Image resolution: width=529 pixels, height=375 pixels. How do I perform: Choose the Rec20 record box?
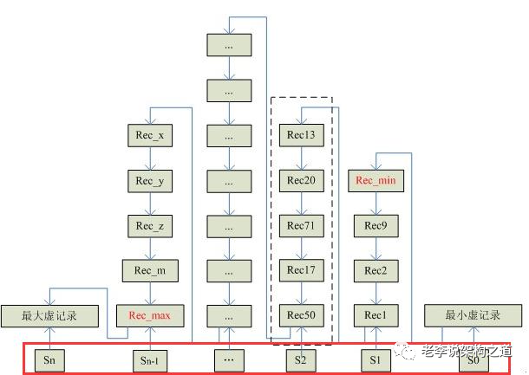pos(300,181)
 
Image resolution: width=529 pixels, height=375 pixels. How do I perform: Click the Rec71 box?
pos(300,226)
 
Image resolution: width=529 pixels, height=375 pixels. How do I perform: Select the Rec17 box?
pos(300,271)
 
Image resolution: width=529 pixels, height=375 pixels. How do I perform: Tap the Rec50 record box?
pos(300,315)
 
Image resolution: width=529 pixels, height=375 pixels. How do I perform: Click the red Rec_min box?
pos(376,181)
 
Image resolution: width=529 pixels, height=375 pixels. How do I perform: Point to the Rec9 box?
pos(376,226)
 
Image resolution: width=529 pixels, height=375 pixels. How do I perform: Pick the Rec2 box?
pos(376,271)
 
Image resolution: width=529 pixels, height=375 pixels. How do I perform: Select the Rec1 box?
pos(376,315)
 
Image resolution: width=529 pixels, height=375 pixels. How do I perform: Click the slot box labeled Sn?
pos(49,359)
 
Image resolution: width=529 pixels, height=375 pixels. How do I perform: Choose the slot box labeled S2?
pos(300,359)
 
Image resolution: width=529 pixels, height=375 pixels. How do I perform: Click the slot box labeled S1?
pos(376,359)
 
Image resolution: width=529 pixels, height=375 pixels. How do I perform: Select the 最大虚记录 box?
pos(49,315)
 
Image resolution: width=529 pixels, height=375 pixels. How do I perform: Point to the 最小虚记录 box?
pos(473,315)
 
